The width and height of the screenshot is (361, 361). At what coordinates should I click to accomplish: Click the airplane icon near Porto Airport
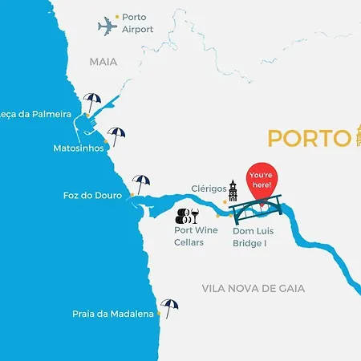click(x=107, y=26)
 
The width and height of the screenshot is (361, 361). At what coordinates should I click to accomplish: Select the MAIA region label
click(x=103, y=61)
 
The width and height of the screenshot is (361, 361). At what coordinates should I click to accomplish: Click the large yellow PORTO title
click(x=304, y=138)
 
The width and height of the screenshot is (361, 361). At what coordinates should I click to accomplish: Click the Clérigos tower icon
click(x=233, y=191)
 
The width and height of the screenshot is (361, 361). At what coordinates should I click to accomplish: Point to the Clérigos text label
click(x=209, y=189)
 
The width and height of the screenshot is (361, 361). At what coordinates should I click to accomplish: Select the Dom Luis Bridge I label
click(x=255, y=236)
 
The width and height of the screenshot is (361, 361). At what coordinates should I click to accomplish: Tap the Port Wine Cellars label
click(x=196, y=236)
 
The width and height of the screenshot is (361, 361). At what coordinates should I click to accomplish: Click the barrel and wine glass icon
click(x=187, y=215)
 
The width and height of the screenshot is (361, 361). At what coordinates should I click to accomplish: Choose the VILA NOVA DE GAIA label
click(x=265, y=288)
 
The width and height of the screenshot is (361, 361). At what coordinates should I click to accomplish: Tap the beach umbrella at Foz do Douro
click(x=141, y=183)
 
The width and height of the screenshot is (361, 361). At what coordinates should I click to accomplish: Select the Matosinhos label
click(x=78, y=148)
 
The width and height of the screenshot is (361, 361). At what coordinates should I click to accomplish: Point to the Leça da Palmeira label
click(x=35, y=114)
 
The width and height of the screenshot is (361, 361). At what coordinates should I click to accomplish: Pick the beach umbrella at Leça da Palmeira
click(x=93, y=102)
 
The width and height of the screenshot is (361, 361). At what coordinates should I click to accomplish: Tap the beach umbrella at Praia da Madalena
click(x=169, y=306)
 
